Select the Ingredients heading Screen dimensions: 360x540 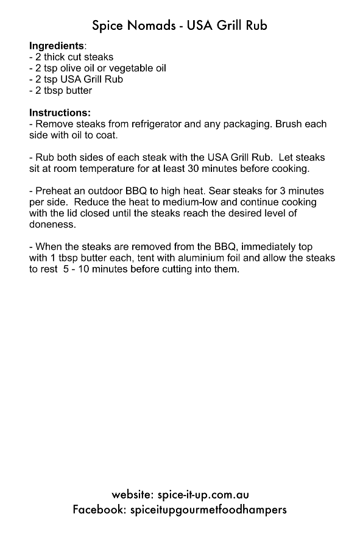[x=57, y=46]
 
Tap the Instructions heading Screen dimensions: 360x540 [x=60, y=113]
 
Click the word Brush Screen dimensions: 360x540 [x=289, y=124]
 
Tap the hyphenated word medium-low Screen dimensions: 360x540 [x=222, y=202]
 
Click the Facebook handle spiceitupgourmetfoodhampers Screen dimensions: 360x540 [x=208, y=509]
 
